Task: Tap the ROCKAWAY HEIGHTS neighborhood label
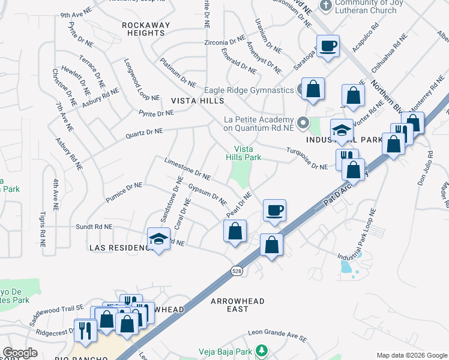coord(146,29)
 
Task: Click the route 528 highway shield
coord(237,272)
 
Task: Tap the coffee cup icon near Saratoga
coord(328,46)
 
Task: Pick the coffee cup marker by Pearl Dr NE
coord(274,211)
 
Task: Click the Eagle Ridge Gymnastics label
coord(251,90)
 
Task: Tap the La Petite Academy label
coord(258,124)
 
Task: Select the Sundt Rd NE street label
coord(94,227)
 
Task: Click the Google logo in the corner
coord(20,353)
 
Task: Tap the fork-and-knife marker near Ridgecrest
coord(84,331)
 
